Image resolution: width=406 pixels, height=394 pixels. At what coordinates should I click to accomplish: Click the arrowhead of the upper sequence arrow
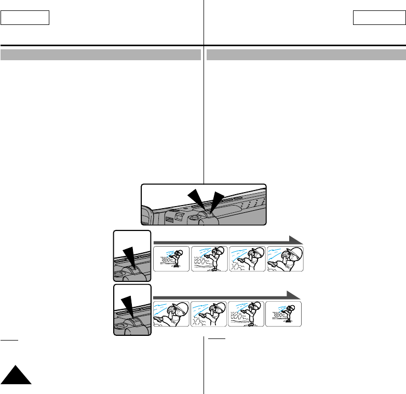(296, 240)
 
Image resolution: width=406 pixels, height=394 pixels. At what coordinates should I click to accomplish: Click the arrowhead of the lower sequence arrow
(294, 295)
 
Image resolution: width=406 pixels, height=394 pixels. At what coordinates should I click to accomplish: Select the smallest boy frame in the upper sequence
(171, 258)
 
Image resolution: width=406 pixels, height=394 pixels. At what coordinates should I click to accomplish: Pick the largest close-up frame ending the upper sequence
(285, 258)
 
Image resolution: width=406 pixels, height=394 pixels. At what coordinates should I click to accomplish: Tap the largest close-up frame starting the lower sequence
(171, 313)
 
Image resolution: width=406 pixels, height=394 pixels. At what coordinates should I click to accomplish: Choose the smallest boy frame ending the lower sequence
(283, 313)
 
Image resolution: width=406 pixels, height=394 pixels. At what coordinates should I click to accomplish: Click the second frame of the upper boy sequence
(209, 258)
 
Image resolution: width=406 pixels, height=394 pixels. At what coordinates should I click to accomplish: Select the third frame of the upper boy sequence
(247, 258)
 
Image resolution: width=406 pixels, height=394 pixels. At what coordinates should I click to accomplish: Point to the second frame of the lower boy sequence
(209, 313)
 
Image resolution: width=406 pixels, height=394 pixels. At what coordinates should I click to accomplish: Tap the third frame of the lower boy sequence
(246, 313)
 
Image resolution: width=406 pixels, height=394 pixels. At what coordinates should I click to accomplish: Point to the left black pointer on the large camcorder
(196, 199)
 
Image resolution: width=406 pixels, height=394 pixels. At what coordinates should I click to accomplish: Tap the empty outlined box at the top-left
(25, 18)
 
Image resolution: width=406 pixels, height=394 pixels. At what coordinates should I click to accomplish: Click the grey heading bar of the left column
(101, 55)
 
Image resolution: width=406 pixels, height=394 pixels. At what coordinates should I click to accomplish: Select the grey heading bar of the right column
(306, 55)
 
